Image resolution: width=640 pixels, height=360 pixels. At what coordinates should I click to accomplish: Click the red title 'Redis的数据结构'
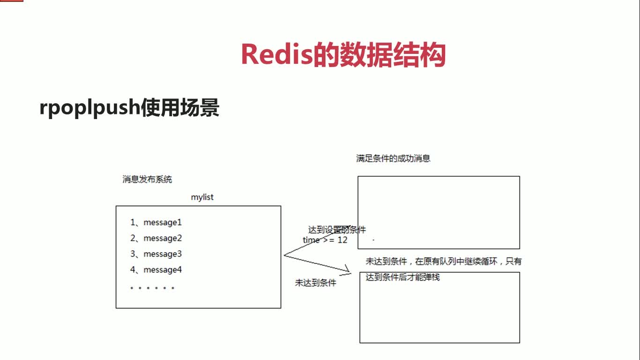(x=343, y=55)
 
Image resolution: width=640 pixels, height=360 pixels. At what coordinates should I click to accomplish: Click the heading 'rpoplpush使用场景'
(x=129, y=108)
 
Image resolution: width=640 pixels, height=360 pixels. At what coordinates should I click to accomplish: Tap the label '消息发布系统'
(x=147, y=179)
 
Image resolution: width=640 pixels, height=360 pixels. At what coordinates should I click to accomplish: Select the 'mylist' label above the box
(x=202, y=197)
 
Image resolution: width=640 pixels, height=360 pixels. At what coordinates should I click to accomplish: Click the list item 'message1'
(x=163, y=222)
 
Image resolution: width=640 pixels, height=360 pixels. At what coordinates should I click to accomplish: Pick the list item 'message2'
(x=163, y=238)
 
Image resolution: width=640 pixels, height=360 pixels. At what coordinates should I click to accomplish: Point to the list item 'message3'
(x=163, y=254)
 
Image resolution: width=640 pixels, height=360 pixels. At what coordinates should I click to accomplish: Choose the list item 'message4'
(x=163, y=270)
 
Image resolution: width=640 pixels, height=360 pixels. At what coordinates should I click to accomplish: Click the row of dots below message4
(x=152, y=288)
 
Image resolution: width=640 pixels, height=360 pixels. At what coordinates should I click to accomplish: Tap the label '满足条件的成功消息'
(x=393, y=158)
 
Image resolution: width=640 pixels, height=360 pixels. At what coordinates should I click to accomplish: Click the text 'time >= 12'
(x=325, y=240)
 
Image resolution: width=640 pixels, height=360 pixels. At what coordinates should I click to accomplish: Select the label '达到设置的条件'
(x=337, y=230)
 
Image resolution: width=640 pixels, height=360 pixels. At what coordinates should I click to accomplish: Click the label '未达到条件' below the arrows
(x=315, y=283)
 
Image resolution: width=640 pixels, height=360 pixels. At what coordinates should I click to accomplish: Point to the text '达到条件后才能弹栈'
(x=402, y=277)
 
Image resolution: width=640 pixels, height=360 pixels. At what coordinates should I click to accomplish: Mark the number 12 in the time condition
(x=342, y=240)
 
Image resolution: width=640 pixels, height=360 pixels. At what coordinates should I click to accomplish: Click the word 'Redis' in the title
(x=277, y=55)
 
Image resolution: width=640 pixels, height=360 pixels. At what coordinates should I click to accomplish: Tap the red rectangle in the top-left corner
(x=11, y=1)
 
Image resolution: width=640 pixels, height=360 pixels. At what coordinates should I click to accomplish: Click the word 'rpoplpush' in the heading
(x=89, y=108)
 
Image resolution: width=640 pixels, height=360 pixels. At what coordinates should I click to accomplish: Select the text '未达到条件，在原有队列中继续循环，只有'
(x=444, y=261)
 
